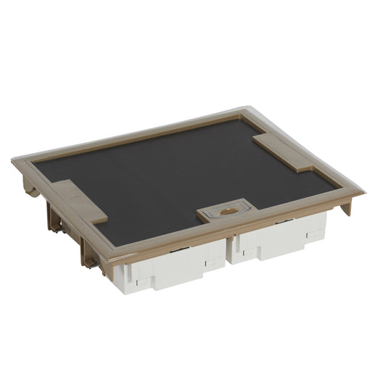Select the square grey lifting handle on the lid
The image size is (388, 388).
coord(225,213)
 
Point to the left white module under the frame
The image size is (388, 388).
coord(174,268)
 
